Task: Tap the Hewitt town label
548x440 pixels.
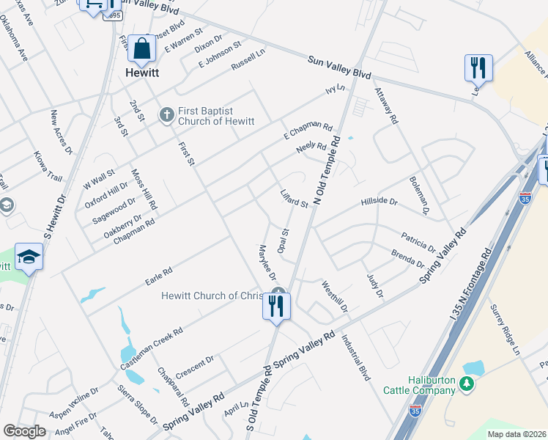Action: click(143, 74)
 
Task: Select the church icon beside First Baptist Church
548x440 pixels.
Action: click(166, 115)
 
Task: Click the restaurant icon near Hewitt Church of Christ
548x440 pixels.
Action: click(276, 306)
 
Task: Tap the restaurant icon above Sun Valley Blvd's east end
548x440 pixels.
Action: click(478, 67)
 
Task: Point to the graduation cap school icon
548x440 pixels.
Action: click(29, 256)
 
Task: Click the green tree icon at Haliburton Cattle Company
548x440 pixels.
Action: click(466, 383)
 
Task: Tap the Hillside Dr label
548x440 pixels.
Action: click(379, 202)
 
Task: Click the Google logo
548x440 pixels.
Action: click(24, 431)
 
